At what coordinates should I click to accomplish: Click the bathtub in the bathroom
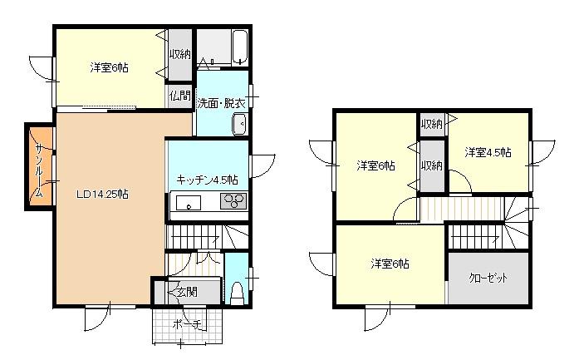tap(240, 47)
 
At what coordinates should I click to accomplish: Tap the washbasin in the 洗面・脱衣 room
tap(239, 124)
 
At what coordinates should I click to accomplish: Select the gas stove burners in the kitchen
tap(233, 201)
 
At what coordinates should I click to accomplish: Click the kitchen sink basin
tap(189, 203)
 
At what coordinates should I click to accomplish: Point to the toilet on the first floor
tap(237, 293)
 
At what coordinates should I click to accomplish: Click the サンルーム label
tap(39, 170)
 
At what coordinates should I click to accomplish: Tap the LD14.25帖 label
tap(103, 194)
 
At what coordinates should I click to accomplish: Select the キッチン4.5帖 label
tap(207, 180)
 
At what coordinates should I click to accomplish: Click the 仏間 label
tap(179, 96)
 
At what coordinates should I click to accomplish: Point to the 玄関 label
tap(187, 292)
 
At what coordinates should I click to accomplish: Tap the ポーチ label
tap(187, 324)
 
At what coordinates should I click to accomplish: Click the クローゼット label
tap(488, 278)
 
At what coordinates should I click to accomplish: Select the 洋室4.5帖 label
tap(488, 152)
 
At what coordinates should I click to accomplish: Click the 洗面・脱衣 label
tap(222, 103)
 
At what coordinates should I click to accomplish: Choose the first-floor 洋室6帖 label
tap(110, 67)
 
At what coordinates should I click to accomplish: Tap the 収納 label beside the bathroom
tap(179, 54)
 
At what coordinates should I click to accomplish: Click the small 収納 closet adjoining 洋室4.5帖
tap(433, 125)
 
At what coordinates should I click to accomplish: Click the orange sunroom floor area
tap(40, 167)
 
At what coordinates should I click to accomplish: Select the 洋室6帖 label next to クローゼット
tap(390, 264)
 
